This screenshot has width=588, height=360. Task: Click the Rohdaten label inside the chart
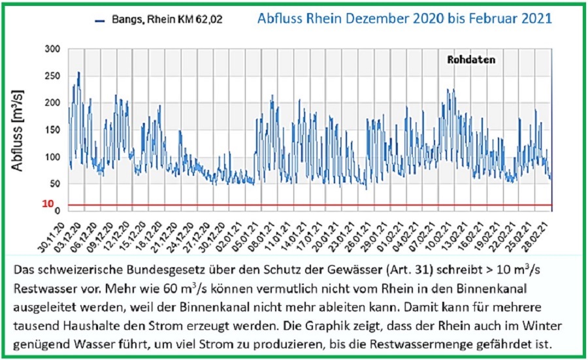pos(471,59)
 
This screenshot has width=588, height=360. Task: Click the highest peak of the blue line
pos(78,73)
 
